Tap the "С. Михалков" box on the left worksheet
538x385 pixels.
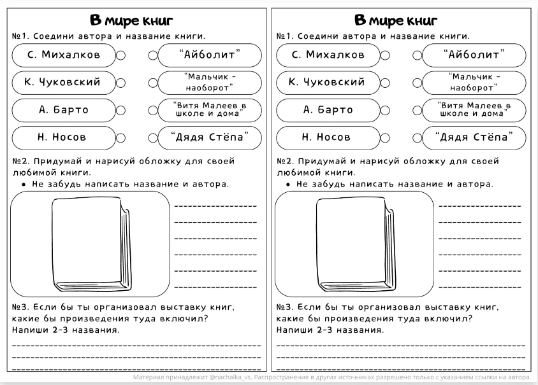pos(64,55)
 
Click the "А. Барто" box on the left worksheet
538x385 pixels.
pos(64,110)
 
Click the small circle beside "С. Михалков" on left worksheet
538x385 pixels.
pos(120,55)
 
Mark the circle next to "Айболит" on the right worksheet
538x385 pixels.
pos(418,55)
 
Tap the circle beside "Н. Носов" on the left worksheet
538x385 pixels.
pos(120,137)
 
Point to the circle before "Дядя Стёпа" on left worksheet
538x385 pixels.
pos(153,137)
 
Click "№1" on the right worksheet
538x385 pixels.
pos(284,37)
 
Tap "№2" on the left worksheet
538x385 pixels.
pos(19,161)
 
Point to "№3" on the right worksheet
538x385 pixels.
pos(284,307)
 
